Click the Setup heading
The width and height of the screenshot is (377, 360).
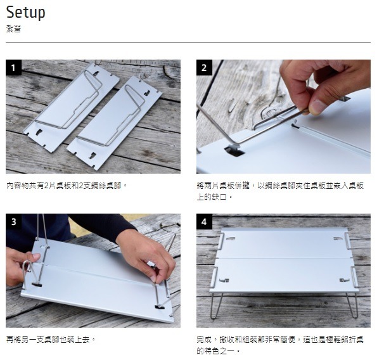(25, 13)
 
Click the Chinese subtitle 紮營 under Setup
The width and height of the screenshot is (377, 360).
(13, 29)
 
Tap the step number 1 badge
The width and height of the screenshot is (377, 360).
(13, 68)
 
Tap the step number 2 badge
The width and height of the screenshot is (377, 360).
(204, 68)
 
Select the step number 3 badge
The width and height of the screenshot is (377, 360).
(13, 221)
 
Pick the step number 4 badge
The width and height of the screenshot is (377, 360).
(204, 221)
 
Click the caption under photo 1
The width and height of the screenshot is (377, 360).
(67, 186)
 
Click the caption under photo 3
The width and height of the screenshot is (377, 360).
(51, 340)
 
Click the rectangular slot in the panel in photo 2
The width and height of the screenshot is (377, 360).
(234, 151)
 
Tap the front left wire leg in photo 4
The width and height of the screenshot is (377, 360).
(216, 305)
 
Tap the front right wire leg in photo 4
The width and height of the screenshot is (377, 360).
(352, 304)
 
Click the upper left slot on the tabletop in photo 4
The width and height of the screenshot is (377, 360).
(231, 238)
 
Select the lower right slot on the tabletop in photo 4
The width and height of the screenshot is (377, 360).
(345, 280)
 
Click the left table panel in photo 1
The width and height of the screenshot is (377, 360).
(72, 108)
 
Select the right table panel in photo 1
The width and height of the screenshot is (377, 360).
(115, 124)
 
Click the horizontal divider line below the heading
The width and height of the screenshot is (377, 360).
(188, 42)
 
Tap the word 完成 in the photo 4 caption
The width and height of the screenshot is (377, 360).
(204, 340)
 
